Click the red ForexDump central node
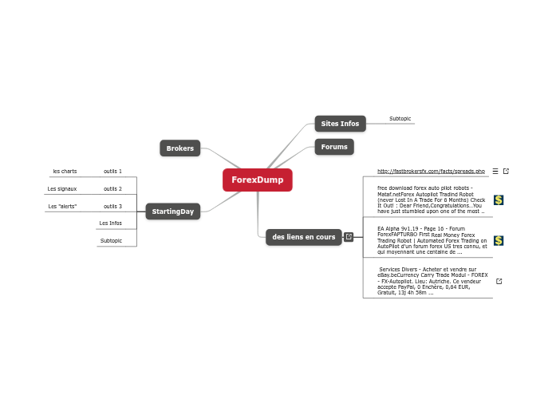[258, 180]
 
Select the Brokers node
[179, 148]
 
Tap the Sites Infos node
[340, 124]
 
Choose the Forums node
[334, 147]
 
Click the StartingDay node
[173, 211]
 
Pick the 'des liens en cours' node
[303, 237]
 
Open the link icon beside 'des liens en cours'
[349, 237]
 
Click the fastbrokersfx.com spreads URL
[431, 171]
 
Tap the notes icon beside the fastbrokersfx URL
[495, 171]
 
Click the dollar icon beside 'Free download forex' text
[499, 200]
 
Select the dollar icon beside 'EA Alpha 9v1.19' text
[499, 240]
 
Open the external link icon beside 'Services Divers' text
[499, 281]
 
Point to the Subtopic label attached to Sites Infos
[400, 118]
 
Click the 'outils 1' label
[112, 171]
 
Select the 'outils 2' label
[112, 189]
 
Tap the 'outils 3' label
[112, 207]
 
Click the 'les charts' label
[65, 171]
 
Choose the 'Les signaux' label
[62, 189]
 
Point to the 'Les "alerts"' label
[62, 207]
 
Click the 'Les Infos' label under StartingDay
[111, 223]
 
